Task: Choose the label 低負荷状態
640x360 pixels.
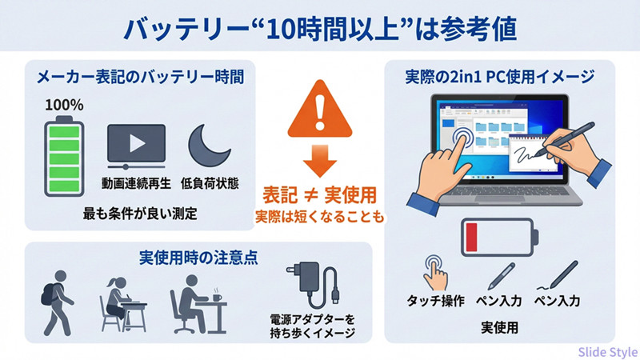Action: click(x=210, y=182)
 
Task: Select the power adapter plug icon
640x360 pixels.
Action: click(x=308, y=285)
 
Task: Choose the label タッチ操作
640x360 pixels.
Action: click(x=436, y=302)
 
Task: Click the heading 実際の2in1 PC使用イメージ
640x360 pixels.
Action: click(x=500, y=78)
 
